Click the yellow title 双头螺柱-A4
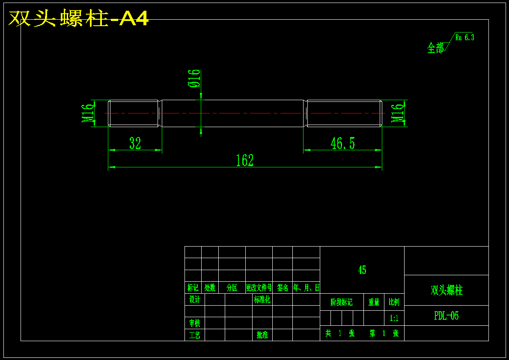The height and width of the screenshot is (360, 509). pos(78,18)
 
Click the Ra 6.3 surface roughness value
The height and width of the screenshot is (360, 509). pos(464,38)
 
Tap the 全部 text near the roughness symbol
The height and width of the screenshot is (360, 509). pos(436,48)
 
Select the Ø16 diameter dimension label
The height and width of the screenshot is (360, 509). pos(194,78)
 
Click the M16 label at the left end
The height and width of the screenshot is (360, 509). pos(89,113)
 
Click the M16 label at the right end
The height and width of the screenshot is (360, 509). pos(399,113)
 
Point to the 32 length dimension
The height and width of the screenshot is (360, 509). pos(135,143)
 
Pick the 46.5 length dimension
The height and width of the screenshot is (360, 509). pos(342,143)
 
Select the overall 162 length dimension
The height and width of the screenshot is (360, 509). pos(245,161)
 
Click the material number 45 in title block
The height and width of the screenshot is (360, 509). pos(362,270)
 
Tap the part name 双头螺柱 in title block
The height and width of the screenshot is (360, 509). pos(446,290)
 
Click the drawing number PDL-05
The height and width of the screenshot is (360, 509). pos(446,316)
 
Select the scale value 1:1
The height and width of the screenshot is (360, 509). pos(394,318)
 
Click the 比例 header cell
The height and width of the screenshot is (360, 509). pos(394,302)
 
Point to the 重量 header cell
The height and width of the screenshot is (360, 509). pos(374,302)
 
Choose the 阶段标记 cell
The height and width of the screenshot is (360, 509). pos(342,302)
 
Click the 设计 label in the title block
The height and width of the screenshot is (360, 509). pos(194,299)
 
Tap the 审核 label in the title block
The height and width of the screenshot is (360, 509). pos(194,323)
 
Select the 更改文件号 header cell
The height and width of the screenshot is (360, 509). pos(259,288)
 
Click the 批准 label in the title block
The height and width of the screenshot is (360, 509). pos(262,335)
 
